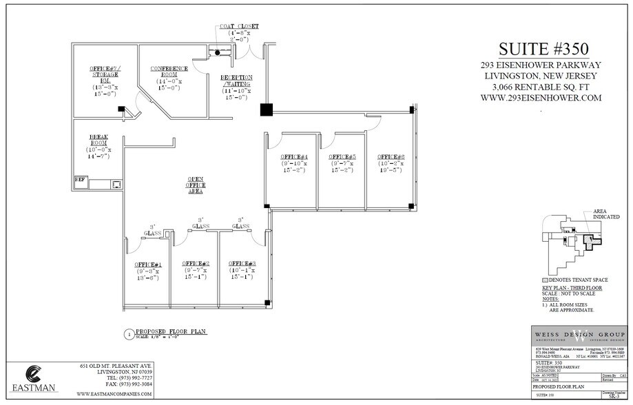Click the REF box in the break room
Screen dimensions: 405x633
[x=80, y=180]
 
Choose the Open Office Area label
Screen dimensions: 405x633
[x=195, y=185]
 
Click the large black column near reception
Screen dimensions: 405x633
[x=266, y=110]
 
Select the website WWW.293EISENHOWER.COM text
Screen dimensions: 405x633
[x=542, y=98]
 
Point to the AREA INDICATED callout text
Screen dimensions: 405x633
[x=605, y=214]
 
